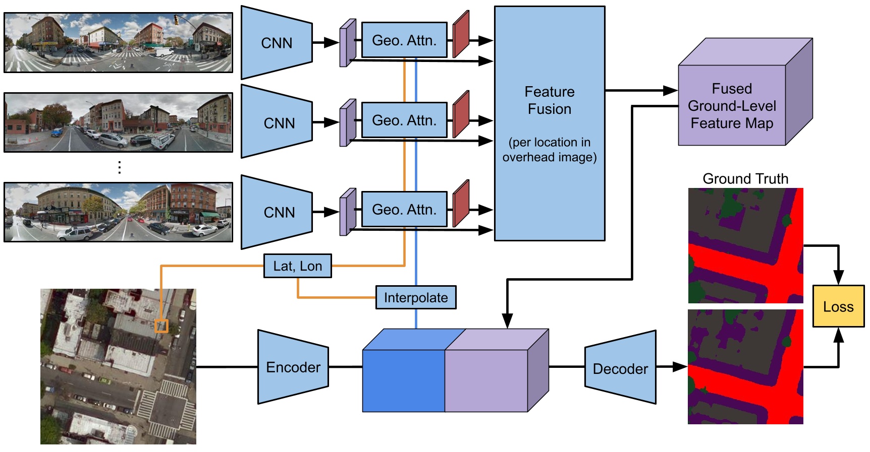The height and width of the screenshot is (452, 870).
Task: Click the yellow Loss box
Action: click(x=838, y=306)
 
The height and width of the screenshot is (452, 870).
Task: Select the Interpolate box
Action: click(x=416, y=297)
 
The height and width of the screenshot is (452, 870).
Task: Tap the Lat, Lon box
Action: click(x=297, y=266)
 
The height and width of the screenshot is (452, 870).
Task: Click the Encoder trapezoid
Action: click(x=293, y=367)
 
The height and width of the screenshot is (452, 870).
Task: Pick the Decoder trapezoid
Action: click(x=620, y=368)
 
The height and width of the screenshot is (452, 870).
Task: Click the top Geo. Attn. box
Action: click(x=404, y=40)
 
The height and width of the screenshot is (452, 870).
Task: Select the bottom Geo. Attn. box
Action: click(x=404, y=210)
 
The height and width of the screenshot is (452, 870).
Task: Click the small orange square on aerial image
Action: click(x=161, y=326)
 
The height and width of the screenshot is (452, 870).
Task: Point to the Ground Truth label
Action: click(x=745, y=179)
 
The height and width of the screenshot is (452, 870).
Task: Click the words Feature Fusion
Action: click(x=549, y=100)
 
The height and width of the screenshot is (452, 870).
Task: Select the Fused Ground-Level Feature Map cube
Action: click(x=732, y=106)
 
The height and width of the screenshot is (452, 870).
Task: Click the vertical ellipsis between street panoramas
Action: click(x=120, y=167)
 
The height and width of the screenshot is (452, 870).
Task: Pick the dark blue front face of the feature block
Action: click(x=403, y=380)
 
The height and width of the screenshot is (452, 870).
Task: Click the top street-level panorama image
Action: click(x=118, y=43)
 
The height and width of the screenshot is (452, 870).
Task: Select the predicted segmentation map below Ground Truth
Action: click(x=745, y=367)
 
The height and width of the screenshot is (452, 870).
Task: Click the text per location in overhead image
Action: click(x=549, y=150)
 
